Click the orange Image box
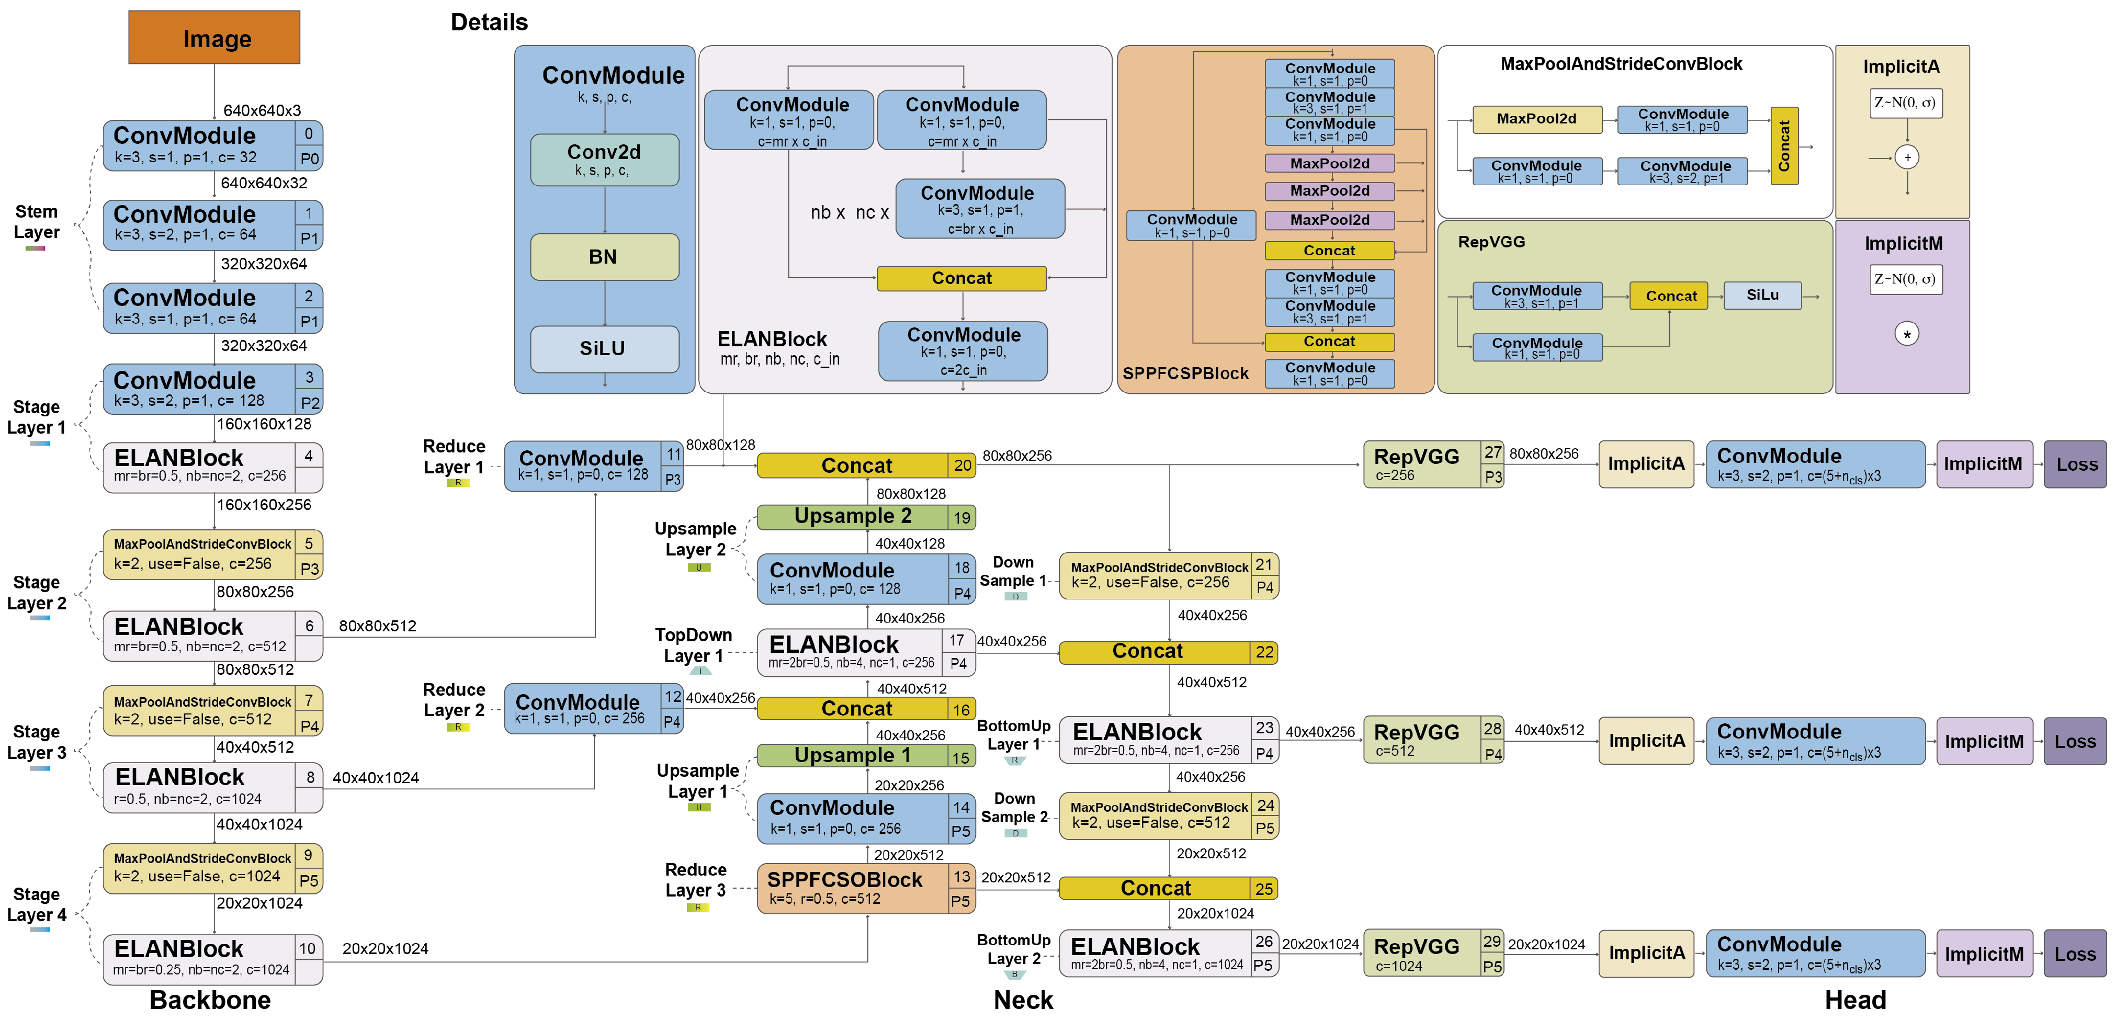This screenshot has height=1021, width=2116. pyautogui.click(x=214, y=38)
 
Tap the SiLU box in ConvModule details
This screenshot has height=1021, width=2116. pyautogui.click(x=605, y=348)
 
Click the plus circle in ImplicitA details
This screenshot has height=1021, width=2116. pyautogui.click(x=1907, y=157)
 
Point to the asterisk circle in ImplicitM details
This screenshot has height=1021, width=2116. pyautogui.click(x=1907, y=334)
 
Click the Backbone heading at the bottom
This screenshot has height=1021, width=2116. pyautogui.click(x=210, y=1000)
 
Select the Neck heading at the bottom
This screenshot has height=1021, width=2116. pyautogui.click(x=1023, y=1000)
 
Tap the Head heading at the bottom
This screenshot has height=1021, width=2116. pyautogui.click(x=1855, y=1000)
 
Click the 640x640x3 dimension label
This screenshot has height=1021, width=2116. pyautogui.click(x=262, y=110)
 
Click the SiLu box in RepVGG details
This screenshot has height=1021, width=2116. pyautogui.click(x=1762, y=295)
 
